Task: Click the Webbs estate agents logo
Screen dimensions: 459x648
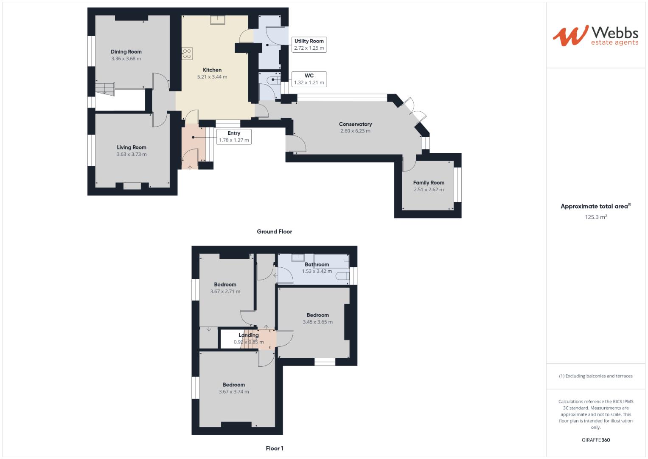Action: click(x=595, y=35)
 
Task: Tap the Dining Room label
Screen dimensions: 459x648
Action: click(x=126, y=52)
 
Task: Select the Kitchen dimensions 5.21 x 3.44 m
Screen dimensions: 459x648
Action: click(x=212, y=77)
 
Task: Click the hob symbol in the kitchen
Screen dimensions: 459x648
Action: click(x=187, y=53)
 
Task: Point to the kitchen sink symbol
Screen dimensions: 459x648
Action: click(x=219, y=20)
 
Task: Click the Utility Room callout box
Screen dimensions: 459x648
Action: click(x=309, y=45)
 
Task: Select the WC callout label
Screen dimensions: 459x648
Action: click(x=309, y=76)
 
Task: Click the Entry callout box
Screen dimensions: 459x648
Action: click(x=234, y=136)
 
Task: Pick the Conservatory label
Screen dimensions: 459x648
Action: click(x=355, y=124)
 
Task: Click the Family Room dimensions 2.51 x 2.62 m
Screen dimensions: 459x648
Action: click(x=429, y=190)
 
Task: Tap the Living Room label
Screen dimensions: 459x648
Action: click(x=132, y=147)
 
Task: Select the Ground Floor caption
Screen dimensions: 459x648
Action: click(x=275, y=232)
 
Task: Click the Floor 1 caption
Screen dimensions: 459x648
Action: click(x=275, y=448)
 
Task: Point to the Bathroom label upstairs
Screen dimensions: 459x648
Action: click(x=317, y=264)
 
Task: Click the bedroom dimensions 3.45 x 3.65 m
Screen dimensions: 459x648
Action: click(x=317, y=322)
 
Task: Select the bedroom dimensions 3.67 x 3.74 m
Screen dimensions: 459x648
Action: click(x=234, y=392)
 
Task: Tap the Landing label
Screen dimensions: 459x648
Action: click(x=249, y=335)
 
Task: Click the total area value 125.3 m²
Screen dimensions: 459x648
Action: click(x=595, y=217)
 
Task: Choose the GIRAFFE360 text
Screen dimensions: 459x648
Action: click(x=595, y=440)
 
